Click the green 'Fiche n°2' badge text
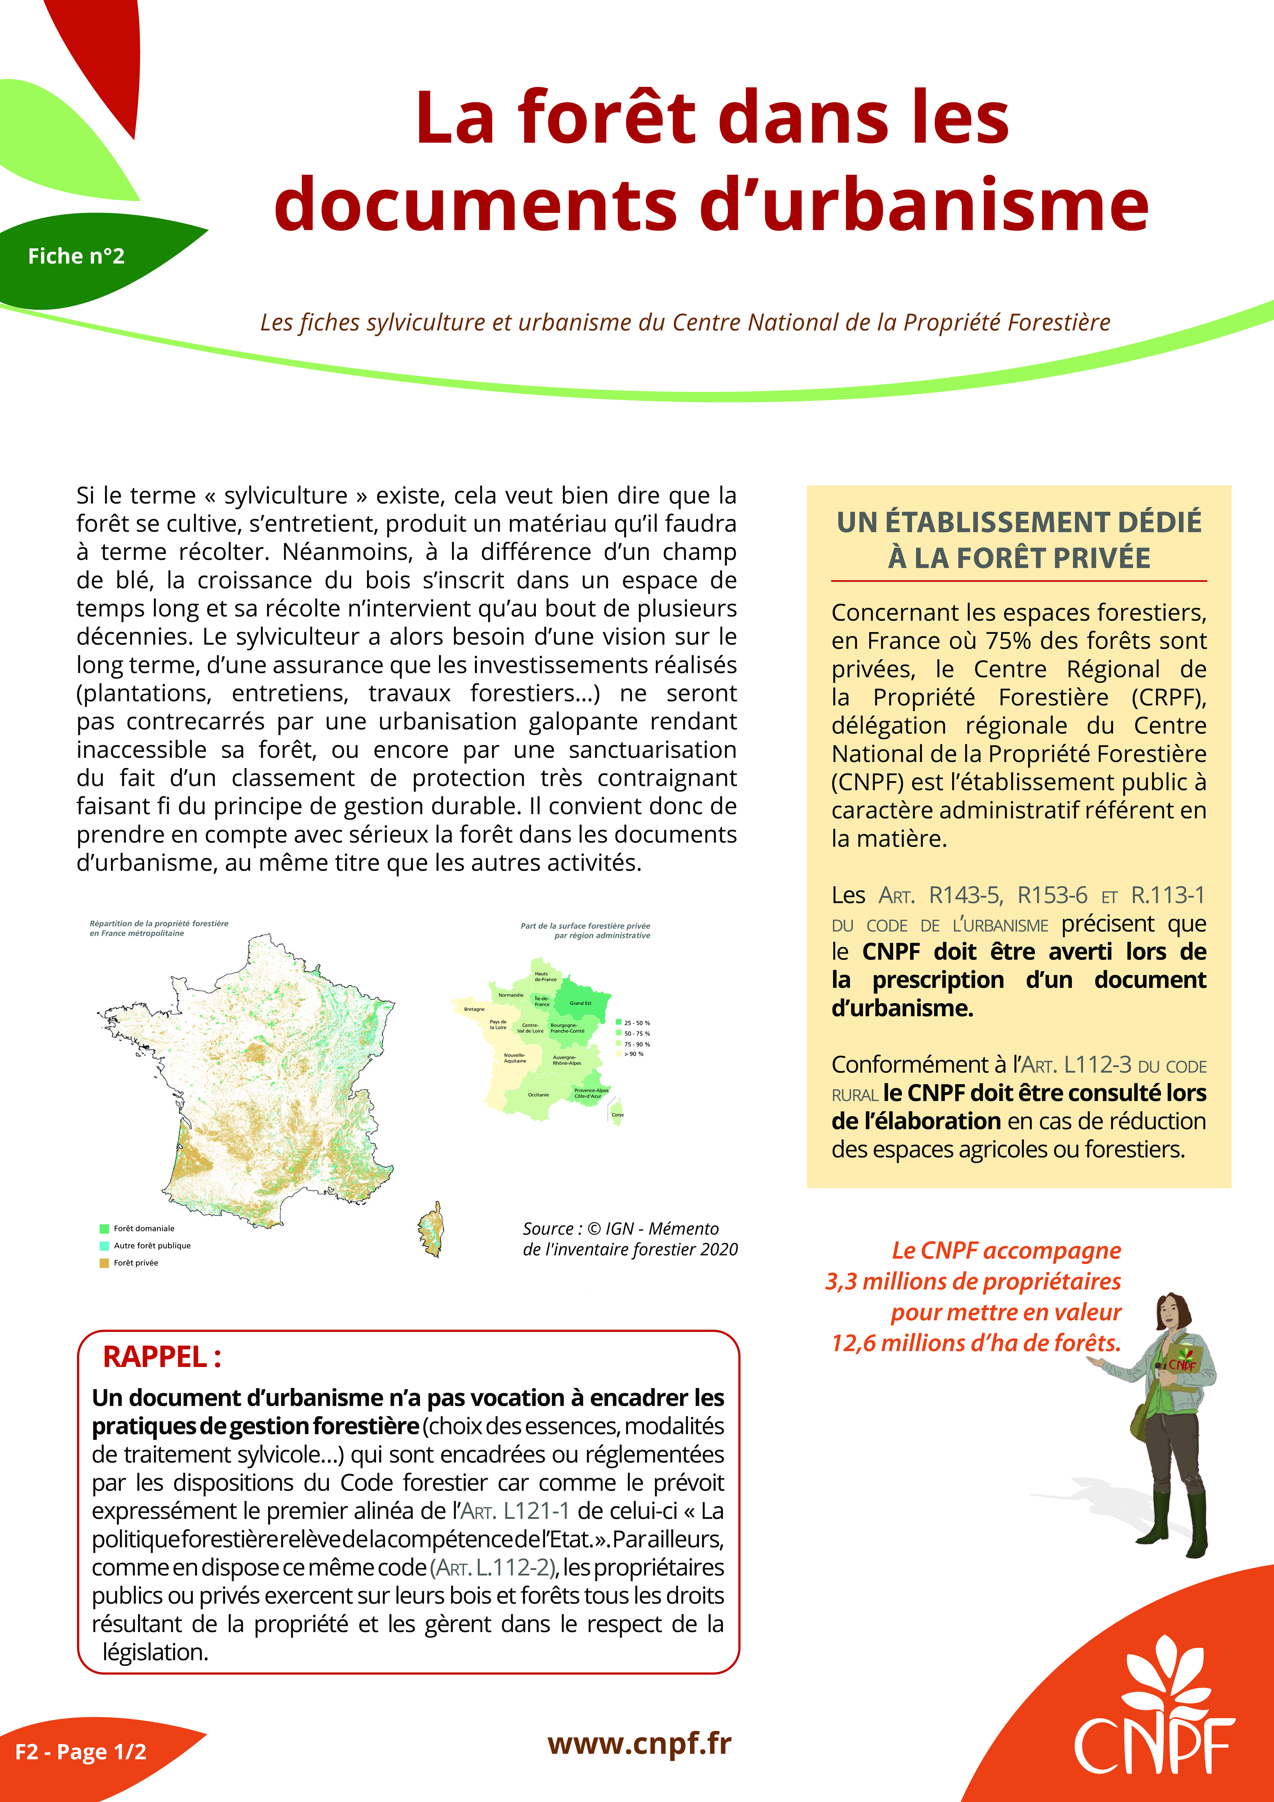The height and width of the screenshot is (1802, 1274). pos(76,256)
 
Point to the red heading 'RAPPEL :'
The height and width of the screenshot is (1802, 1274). pos(162,1356)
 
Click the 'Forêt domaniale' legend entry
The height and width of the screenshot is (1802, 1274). pos(144,1228)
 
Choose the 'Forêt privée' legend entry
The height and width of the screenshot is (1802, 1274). pos(135,1263)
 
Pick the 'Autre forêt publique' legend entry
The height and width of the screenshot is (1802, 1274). pos(151,1245)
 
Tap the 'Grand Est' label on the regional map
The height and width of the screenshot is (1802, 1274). pos(581,1003)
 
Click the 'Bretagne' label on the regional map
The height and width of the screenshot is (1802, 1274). pos(474,1009)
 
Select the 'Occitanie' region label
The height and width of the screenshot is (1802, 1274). pos(538,1095)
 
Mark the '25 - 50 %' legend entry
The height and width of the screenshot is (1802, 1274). pos(637,1023)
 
